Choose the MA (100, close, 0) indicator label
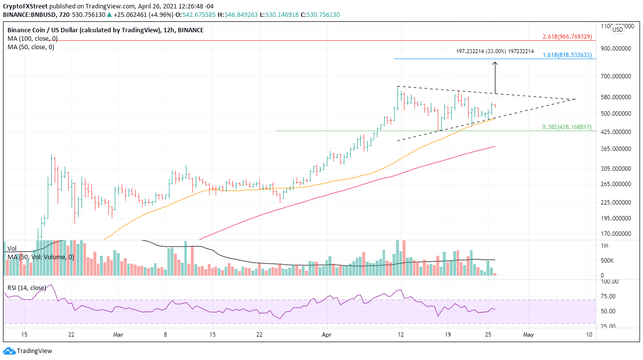click(x=31, y=39)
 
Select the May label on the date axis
click(x=528, y=335)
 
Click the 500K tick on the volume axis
click(x=608, y=260)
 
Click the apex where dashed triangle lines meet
click(x=575, y=99)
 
